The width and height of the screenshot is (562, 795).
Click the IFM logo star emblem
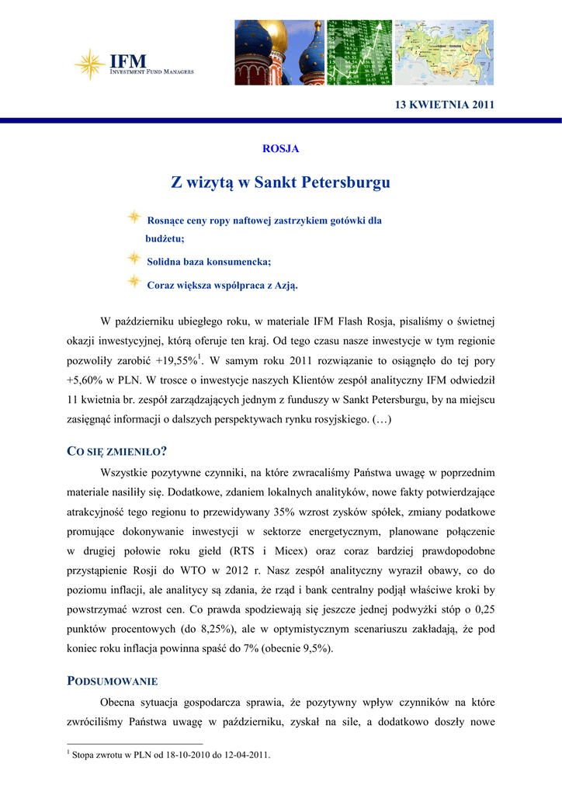(x=90, y=64)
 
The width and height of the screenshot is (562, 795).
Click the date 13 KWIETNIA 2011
(x=446, y=105)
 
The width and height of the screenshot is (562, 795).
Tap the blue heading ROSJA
(x=280, y=148)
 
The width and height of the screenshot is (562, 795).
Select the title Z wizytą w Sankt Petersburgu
(x=280, y=183)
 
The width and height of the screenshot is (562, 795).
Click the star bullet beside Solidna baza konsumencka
(x=134, y=257)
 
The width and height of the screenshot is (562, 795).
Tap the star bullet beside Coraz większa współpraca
(x=134, y=280)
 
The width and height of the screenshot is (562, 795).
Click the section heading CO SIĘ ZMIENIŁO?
(x=118, y=452)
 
